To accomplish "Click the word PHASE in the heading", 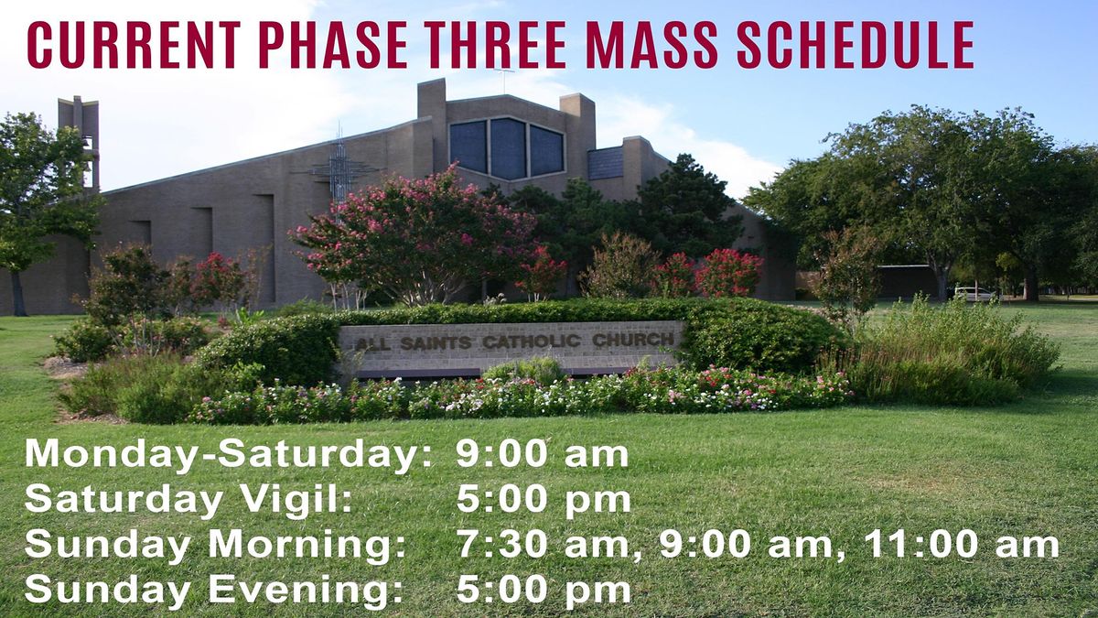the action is (333, 45).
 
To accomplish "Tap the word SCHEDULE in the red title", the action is (856, 45).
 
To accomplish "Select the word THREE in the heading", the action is (496, 45).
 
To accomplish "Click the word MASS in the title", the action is (651, 45).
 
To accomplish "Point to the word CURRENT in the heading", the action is (134, 45).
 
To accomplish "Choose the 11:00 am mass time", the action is (962, 545).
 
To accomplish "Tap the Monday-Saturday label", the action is (229, 455).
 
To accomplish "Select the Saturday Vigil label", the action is (188, 500).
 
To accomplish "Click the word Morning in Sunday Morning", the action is (307, 546).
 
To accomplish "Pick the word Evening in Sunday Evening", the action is (306, 590).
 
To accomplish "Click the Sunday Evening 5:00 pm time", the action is (544, 589).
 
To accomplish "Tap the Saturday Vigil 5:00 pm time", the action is (544, 499).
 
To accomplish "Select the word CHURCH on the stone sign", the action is (633, 340).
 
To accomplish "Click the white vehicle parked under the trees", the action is (974, 294).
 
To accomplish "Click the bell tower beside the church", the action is (80, 142).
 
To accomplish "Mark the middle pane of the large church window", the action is (509, 148).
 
